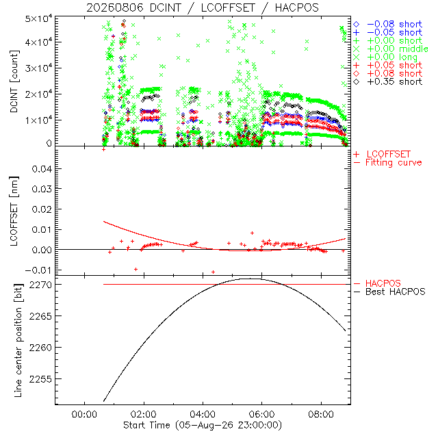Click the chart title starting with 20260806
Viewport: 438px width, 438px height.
point(203,8)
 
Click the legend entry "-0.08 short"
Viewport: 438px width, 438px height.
point(388,25)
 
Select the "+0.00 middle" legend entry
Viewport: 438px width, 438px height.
point(391,49)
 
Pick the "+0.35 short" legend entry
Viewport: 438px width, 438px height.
point(388,81)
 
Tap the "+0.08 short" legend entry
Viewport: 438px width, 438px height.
point(388,73)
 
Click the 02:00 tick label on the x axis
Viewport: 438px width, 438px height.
point(144,414)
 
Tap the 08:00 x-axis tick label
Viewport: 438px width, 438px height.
point(321,414)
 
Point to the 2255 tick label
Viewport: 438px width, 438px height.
point(40,379)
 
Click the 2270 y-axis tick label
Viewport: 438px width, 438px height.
point(40,285)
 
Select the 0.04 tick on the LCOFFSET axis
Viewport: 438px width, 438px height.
point(42,169)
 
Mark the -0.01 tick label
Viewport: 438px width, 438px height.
point(38,270)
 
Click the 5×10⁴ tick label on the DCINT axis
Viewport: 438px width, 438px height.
point(38,19)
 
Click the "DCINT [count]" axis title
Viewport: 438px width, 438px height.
point(14,81)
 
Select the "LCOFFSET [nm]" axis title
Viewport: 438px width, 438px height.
point(14,211)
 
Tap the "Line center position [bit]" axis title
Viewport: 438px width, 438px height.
point(18,340)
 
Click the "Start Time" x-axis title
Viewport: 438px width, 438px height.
point(203,425)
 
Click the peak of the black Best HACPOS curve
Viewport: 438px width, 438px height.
point(249,279)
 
